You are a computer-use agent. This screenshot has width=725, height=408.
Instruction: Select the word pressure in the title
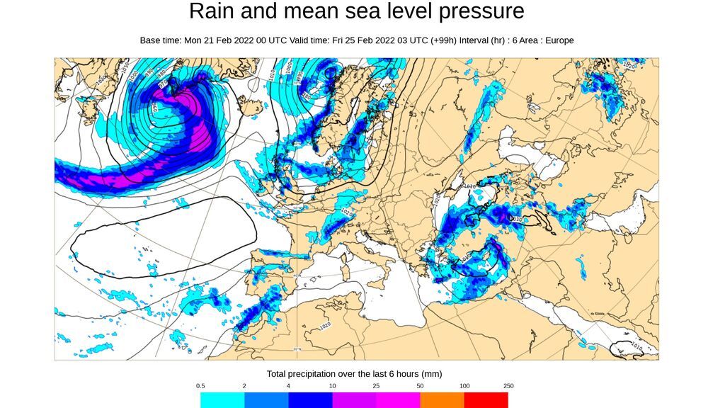[481, 11]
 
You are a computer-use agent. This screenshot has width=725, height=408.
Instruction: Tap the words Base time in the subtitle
[160, 40]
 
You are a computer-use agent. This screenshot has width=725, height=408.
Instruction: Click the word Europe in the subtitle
[558, 40]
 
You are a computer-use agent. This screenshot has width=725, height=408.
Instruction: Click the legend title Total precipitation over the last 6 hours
[354, 373]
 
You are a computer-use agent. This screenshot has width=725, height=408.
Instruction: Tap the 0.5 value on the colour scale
[200, 386]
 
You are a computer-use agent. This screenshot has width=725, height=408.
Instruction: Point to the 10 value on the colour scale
[332, 386]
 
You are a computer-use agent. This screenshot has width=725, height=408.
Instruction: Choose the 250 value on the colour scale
[508, 386]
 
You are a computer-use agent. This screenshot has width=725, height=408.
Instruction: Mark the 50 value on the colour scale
[420, 386]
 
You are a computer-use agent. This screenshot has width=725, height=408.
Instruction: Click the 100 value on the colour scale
[464, 386]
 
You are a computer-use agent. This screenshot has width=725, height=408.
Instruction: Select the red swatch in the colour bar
[486, 400]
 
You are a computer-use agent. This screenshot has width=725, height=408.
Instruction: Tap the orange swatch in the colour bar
[442, 400]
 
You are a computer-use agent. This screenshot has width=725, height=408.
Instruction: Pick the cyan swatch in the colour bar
[222, 400]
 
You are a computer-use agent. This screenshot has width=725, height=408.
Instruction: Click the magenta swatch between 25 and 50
[398, 400]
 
